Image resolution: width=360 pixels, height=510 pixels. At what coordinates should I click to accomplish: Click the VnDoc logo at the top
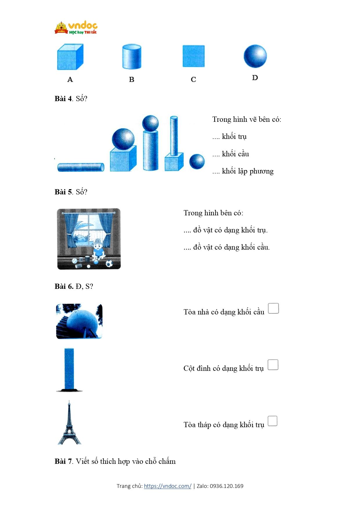76,28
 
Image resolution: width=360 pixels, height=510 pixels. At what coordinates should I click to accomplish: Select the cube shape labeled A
70,57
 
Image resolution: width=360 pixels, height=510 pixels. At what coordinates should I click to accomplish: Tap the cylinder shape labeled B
132,57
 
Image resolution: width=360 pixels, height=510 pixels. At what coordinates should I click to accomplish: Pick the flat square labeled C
193,56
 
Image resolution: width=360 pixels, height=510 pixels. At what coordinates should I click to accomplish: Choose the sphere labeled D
255,56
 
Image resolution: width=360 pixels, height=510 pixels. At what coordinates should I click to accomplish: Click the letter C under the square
193,79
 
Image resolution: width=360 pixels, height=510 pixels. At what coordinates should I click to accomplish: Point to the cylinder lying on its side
81,167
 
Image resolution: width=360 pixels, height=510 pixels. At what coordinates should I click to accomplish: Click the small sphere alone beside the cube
197,162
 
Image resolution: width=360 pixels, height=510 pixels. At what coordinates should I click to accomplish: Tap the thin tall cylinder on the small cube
174,136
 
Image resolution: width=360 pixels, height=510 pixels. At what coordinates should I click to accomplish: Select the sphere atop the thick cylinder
150,123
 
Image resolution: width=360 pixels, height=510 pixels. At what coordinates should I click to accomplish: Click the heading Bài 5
63,192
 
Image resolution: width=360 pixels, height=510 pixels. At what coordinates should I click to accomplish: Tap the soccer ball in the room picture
109,264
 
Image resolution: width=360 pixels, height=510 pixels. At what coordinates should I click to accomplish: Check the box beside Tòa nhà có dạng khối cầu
273,308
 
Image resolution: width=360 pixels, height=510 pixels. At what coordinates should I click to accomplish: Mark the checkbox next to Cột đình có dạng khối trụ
273,365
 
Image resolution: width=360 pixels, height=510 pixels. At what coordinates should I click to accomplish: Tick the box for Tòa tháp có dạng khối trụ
272,421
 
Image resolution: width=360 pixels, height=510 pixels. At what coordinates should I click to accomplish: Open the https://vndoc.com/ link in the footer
168,486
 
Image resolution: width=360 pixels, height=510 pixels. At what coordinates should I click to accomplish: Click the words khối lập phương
248,171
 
